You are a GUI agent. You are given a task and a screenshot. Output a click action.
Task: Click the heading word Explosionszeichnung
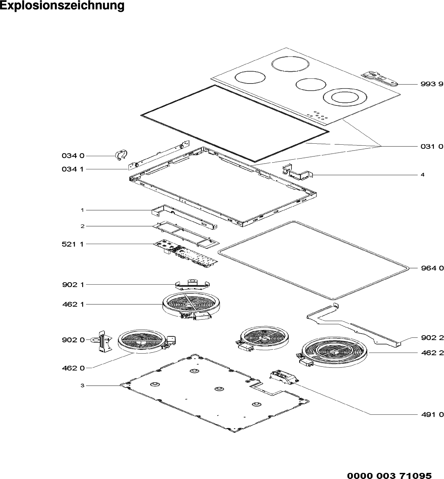tap(62, 6)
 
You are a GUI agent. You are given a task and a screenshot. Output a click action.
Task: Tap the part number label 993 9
tap(432, 84)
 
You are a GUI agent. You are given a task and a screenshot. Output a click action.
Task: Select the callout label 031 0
tap(432, 146)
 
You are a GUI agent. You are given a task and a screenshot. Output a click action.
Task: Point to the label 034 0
tap(73, 156)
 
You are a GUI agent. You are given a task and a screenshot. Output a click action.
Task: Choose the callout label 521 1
tap(73, 244)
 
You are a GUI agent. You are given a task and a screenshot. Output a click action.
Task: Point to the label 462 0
tap(73, 368)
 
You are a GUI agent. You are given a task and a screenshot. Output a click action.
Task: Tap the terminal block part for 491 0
tap(284, 378)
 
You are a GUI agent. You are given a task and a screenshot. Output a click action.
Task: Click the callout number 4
tap(422, 174)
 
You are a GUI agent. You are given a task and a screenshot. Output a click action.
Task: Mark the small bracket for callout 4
tap(298, 172)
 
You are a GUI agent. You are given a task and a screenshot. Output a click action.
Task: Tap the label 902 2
tap(432, 338)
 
